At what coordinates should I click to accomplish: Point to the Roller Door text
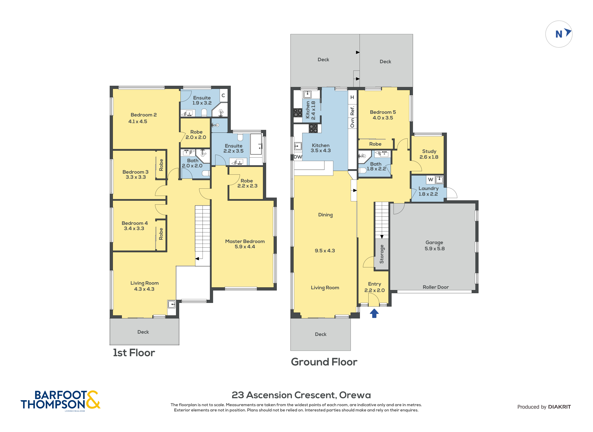point(436,287)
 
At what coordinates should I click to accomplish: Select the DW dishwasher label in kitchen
point(298,157)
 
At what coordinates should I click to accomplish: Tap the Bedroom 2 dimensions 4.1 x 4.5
point(138,121)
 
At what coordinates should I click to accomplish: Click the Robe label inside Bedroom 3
point(161,165)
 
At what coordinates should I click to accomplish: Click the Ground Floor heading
point(324,362)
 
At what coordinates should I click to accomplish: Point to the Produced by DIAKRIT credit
point(544,407)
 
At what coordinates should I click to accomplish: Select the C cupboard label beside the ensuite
point(223,95)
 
